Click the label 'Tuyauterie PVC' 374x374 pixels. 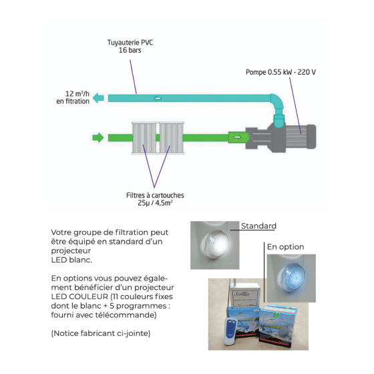point(130,43)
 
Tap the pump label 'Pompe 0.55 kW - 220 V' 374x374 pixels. point(280,72)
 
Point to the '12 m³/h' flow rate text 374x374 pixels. point(77,93)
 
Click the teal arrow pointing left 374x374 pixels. point(98,98)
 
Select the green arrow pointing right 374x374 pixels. point(98,138)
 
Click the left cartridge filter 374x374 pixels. point(144,138)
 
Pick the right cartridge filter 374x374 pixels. point(171,138)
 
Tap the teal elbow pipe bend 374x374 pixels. point(277,103)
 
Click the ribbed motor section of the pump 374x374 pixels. point(296,137)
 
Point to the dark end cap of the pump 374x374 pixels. point(311,137)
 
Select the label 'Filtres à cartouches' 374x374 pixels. point(155,195)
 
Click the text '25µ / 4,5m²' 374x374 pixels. point(155,203)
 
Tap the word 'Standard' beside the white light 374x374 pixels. point(258,226)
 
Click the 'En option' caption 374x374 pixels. point(286,246)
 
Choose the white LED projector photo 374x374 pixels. point(214,245)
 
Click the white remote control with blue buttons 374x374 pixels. point(230,331)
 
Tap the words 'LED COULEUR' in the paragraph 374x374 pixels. point(79,297)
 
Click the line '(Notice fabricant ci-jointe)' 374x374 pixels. point(101,333)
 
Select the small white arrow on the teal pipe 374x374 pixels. point(158,98)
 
